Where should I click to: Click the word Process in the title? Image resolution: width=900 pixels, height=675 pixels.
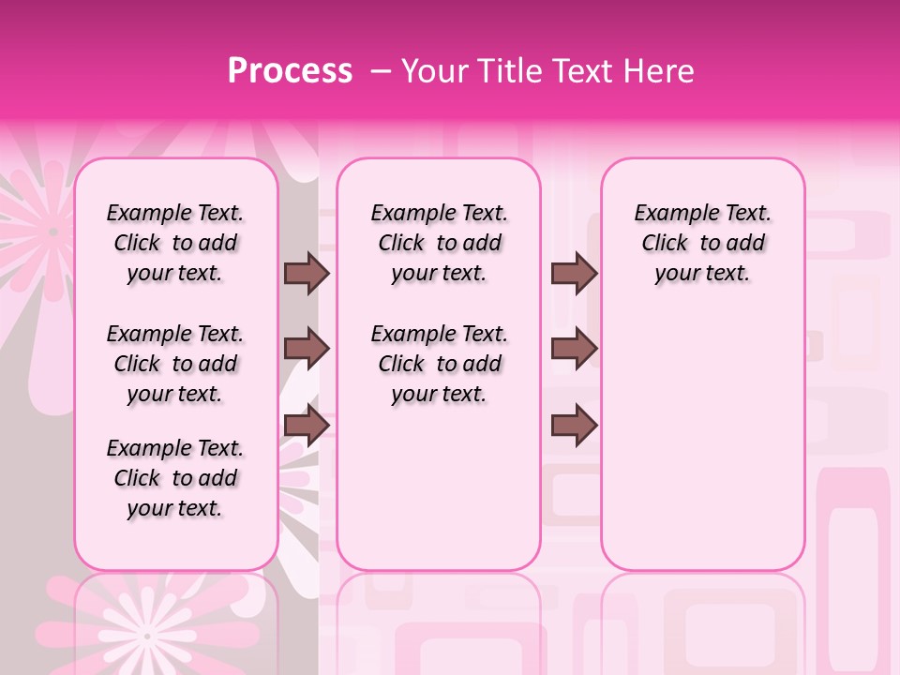click(290, 70)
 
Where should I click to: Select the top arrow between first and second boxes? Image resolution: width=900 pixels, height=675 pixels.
click(307, 273)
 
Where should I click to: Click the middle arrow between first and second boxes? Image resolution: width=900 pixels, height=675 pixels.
click(307, 350)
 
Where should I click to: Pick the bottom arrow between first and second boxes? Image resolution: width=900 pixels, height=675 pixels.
click(307, 426)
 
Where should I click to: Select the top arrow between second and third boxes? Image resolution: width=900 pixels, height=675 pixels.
click(574, 273)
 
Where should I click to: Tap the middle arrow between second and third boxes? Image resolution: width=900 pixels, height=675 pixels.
click(574, 350)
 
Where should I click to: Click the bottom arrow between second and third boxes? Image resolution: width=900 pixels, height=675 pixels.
click(574, 426)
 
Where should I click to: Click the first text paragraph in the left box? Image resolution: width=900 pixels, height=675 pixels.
click(175, 243)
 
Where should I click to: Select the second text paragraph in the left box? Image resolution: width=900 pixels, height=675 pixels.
click(175, 364)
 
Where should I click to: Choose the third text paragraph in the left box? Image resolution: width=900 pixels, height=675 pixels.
click(175, 478)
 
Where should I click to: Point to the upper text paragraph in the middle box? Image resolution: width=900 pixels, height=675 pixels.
click(439, 243)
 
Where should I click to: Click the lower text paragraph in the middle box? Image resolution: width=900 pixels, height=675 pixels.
click(439, 364)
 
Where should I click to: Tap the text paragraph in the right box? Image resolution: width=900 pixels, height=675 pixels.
click(702, 243)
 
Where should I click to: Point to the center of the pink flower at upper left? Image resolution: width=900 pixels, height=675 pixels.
click(52, 231)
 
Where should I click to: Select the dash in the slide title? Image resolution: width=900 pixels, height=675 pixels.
click(381, 71)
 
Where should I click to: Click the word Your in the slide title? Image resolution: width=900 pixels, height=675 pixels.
click(434, 71)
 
